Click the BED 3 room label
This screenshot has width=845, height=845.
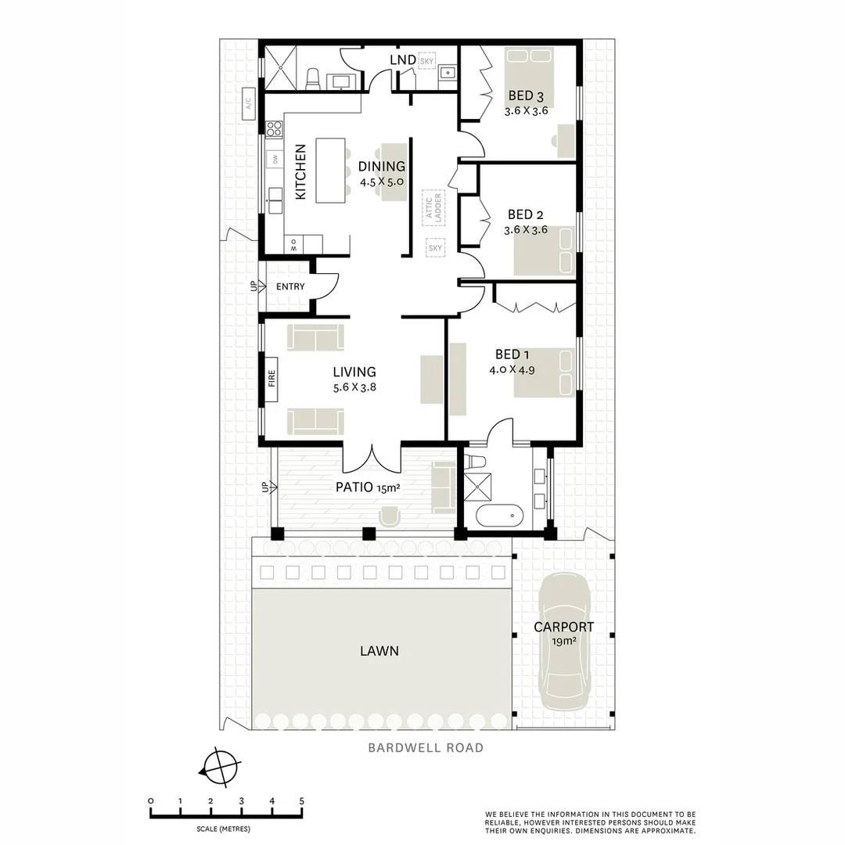pyautogui.click(x=526, y=96)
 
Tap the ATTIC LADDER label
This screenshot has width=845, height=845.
pyautogui.click(x=433, y=207)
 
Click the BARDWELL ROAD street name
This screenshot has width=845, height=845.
pyautogui.click(x=426, y=747)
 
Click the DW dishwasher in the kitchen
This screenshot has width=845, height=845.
pyautogui.click(x=275, y=159)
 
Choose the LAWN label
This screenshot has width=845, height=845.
pyautogui.click(x=379, y=651)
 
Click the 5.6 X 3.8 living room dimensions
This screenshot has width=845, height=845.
pyautogui.click(x=354, y=387)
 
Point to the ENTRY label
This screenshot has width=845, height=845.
pyautogui.click(x=290, y=287)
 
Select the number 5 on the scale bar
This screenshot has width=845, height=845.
pyautogui.click(x=301, y=800)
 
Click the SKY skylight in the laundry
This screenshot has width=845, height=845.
pyautogui.click(x=427, y=61)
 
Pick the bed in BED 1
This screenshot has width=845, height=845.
pyautogui.click(x=544, y=373)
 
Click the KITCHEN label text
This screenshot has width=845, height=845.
pyautogui.click(x=300, y=172)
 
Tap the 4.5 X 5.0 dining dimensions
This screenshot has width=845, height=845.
pyautogui.click(x=382, y=182)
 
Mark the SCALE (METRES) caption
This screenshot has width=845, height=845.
pyautogui.click(x=224, y=828)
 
